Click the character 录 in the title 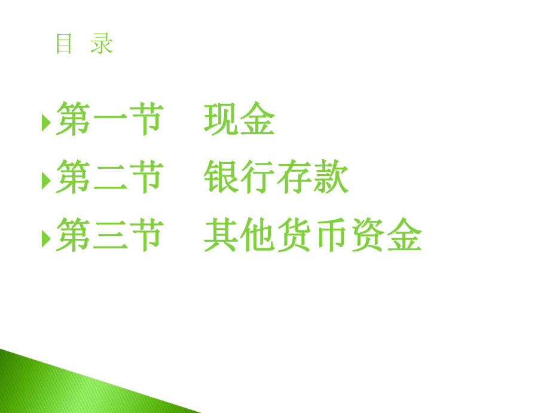[102, 44]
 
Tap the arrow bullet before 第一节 [46, 123]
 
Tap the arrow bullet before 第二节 [46, 180]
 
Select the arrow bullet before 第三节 [46, 238]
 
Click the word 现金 [239, 120]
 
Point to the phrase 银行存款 [276, 178]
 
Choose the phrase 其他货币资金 [313, 235]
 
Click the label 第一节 [109, 120]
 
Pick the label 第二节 [109, 178]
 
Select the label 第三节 [109, 235]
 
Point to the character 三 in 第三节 [109, 236]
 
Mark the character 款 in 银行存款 [331, 178]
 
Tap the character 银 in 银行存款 [221, 178]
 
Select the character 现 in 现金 [221, 120]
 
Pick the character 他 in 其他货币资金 [258, 235]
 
